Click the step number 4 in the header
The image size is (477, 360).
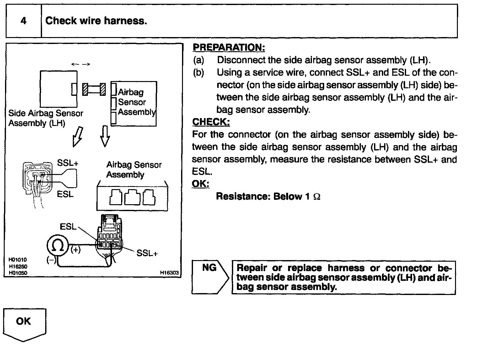(x=24, y=21)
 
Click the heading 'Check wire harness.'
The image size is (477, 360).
(x=96, y=21)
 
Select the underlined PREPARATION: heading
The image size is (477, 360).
(x=228, y=47)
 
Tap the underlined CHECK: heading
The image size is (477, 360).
(x=211, y=122)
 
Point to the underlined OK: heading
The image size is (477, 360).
(x=201, y=183)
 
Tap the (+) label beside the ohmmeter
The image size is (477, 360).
(x=76, y=250)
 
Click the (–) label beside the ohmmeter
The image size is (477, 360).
(x=51, y=260)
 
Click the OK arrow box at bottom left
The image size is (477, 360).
(x=24, y=324)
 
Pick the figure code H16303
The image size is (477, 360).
(x=169, y=273)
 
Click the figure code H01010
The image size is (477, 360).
(x=18, y=260)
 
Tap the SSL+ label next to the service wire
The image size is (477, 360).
(x=67, y=163)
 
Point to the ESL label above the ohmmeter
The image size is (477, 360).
(x=68, y=226)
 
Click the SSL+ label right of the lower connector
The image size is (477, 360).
(x=147, y=253)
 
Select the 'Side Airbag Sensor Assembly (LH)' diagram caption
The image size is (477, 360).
(x=46, y=118)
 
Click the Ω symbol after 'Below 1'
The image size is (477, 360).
(x=317, y=197)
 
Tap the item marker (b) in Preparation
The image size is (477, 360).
(x=198, y=73)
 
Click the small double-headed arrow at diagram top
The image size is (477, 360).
(x=81, y=64)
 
